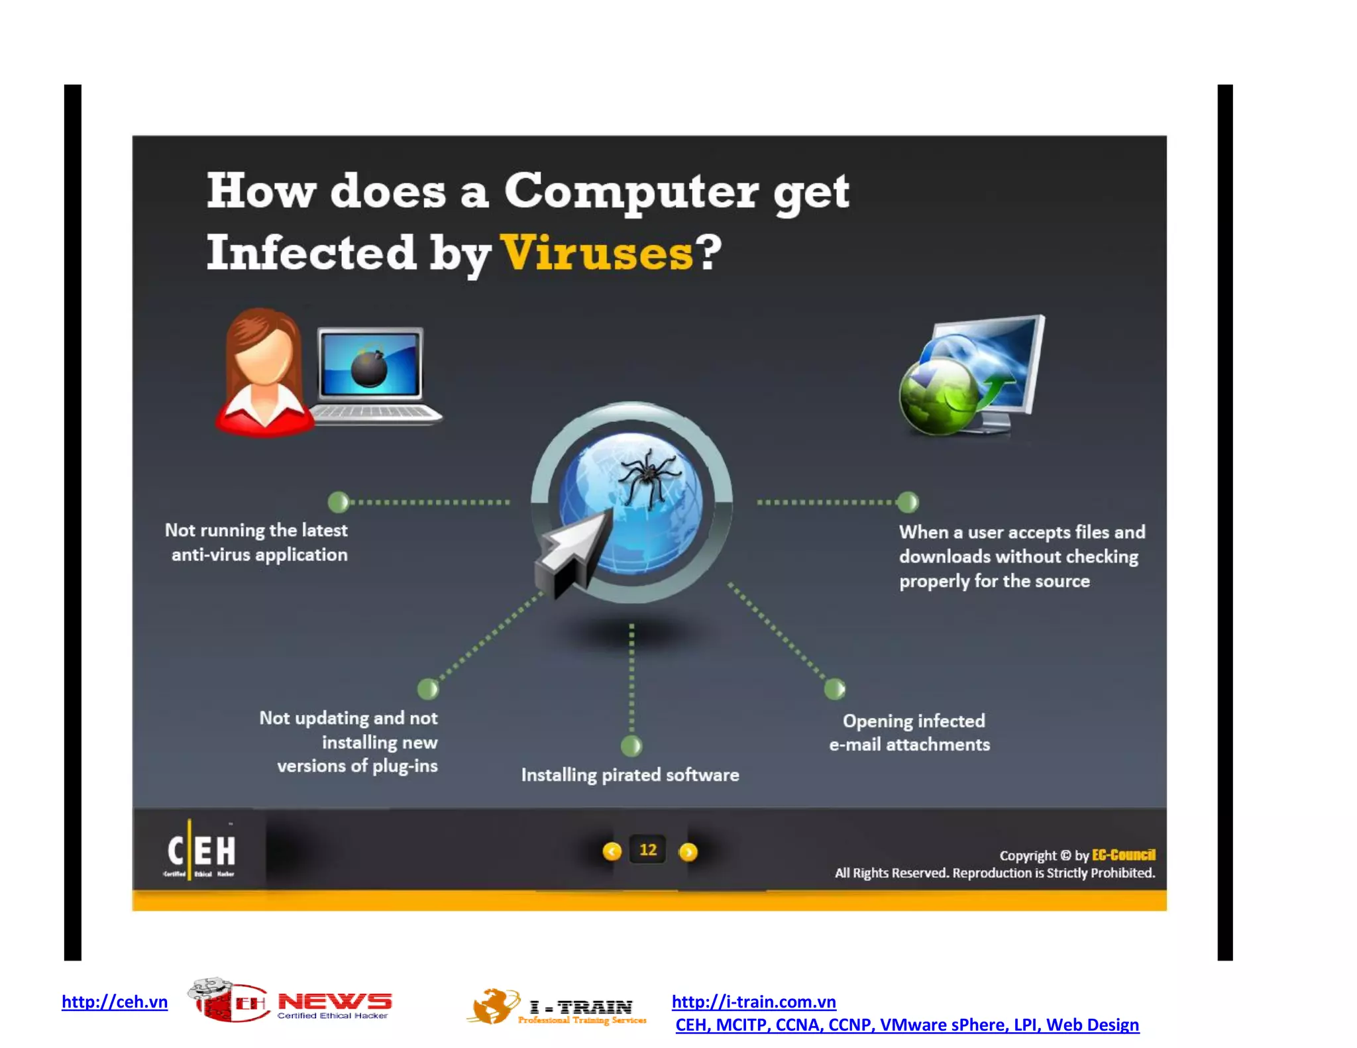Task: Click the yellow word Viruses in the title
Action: tap(596, 253)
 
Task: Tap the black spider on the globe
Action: tap(648, 475)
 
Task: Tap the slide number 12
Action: tap(648, 850)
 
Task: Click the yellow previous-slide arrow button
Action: tap(612, 851)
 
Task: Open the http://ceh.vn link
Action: tap(115, 1002)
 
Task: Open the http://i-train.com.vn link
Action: tap(753, 1002)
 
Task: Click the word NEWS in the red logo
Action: tap(335, 1001)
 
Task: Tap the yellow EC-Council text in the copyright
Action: tap(1123, 855)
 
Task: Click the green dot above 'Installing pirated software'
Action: tap(631, 746)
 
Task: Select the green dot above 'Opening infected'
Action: tap(834, 689)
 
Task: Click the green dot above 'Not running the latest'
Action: tap(339, 502)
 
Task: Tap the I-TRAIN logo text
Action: tap(581, 1008)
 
